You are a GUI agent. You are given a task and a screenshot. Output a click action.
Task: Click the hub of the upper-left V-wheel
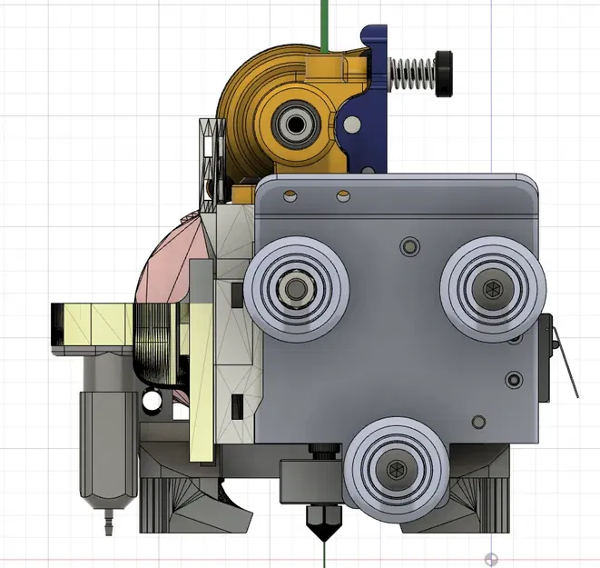click(x=294, y=288)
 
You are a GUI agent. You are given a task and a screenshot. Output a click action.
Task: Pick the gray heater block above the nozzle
click(x=309, y=478)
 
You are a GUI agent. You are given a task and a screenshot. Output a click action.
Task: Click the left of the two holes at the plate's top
click(x=290, y=194)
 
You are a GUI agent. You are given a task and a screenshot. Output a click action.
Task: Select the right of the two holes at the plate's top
click(x=342, y=194)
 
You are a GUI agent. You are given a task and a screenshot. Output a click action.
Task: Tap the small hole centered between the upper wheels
click(x=408, y=245)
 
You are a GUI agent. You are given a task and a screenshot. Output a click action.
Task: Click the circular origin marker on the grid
click(x=491, y=558)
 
